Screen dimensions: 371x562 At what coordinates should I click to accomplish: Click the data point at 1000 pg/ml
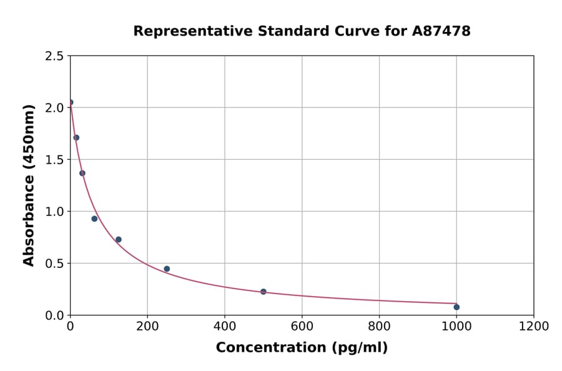click(x=456, y=307)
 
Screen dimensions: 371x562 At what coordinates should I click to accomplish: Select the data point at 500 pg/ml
click(x=264, y=292)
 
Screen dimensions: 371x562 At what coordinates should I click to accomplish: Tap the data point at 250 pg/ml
click(x=167, y=269)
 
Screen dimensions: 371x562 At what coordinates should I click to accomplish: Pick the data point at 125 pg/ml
click(x=119, y=239)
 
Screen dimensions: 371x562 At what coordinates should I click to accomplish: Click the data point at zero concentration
click(x=71, y=102)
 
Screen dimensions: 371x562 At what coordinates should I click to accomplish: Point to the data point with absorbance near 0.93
click(x=94, y=219)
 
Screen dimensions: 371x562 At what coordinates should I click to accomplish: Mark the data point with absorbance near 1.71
click(x=76, y=137)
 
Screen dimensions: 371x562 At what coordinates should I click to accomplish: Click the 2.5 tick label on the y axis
click(x=54, y=56)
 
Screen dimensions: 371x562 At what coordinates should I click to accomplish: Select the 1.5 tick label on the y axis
click(x=54, y=160)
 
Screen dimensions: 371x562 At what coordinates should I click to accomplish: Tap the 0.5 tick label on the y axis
click(x=54, y=264)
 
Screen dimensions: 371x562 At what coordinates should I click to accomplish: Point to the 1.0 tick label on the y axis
click(x=54, y=212)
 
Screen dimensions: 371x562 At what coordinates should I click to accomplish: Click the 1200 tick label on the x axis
click(x=534, y=326)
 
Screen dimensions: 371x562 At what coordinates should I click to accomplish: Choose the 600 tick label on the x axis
click(x=302, y=326)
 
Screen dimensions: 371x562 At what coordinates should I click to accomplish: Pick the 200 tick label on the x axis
click(x=147, y=326)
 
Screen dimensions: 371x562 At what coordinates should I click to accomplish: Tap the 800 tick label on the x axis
click(x=379, y=326)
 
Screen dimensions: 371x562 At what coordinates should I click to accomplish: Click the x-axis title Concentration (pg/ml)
click(x=302, y=348)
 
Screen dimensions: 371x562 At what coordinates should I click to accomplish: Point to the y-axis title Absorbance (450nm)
click(x=29, y=185)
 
